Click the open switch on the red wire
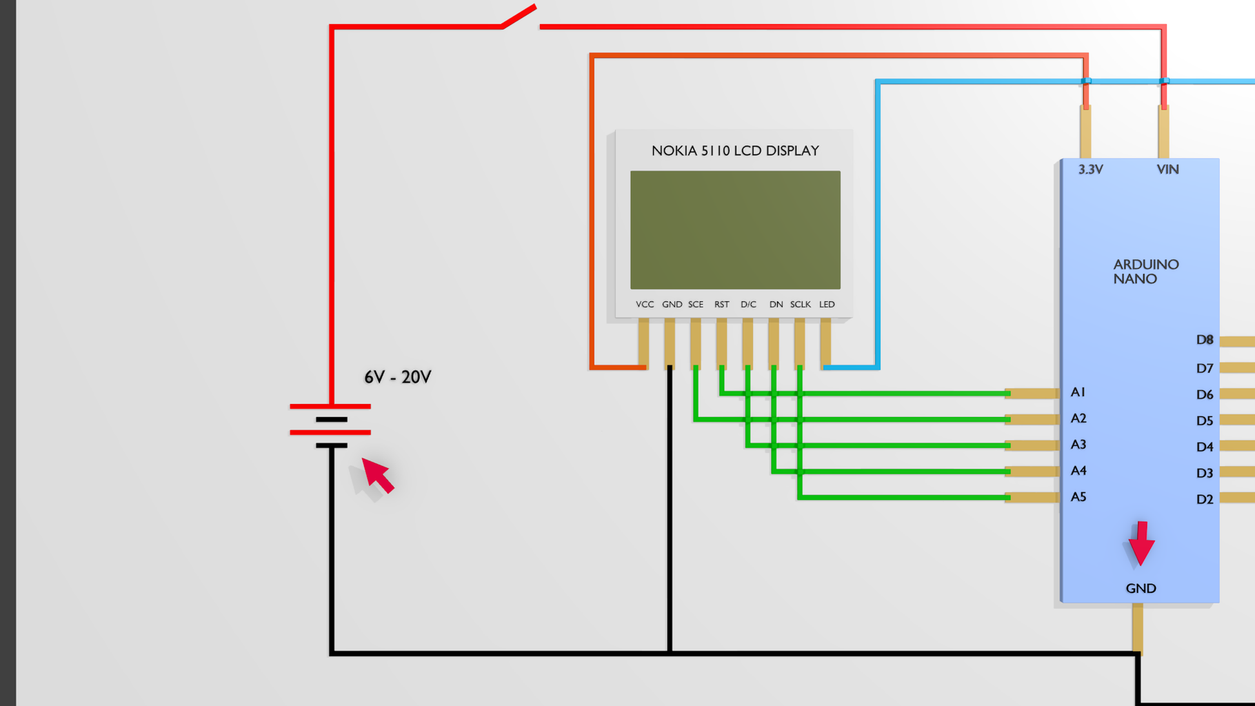[x=519, y=17]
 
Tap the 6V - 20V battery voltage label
[x=397, y=377]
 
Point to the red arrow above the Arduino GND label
[x=1141, y=543]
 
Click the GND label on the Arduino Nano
[x=1141, y=588]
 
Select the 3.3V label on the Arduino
[x=1090, y=170]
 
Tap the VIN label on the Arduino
[x=1167, y=170]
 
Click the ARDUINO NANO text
[x=1145, y=272]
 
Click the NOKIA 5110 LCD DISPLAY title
[x=735, y=151]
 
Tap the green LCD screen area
[x=735, y=230]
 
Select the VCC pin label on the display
[x=645, y=304]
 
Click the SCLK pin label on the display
[x=800, y=304]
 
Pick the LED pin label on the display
[x=827, y=304]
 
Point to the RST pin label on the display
[x=721, y=304]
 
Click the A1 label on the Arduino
[x=1078, y=392]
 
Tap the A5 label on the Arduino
[x=1078, y=497]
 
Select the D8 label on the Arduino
[x=1204, y=340]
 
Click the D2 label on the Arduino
[x=1204, y=499]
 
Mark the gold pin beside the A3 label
[x=1032, y=445]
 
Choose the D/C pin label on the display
[x=748, y=304]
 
